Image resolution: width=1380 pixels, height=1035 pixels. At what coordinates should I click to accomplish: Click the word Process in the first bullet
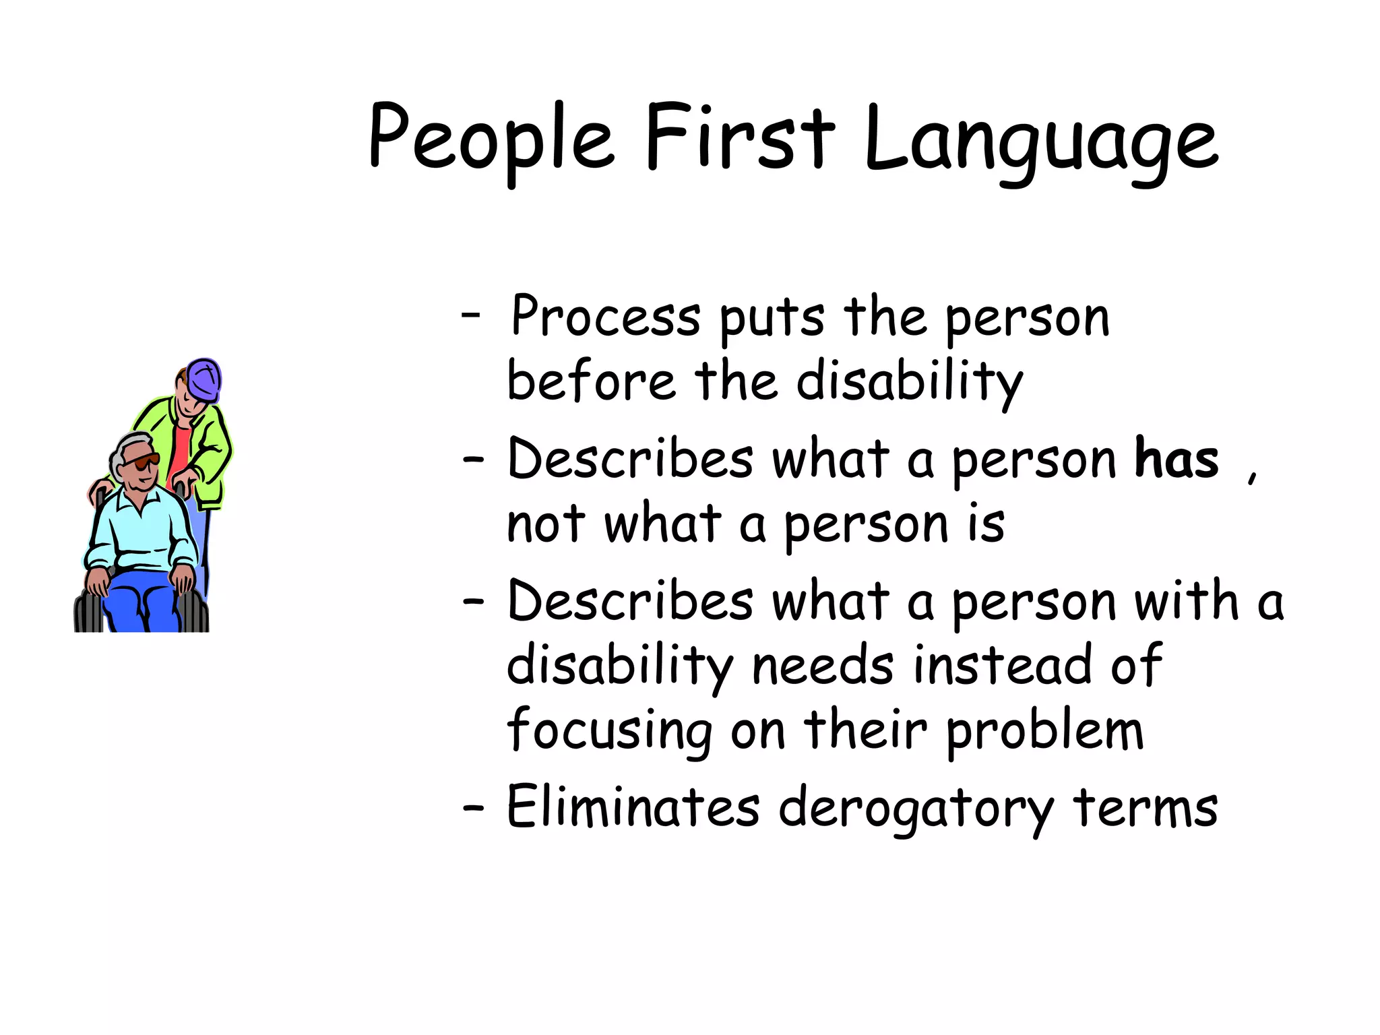(x=605, y=317)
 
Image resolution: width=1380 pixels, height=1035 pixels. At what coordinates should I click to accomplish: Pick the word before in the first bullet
(x=590, y=381)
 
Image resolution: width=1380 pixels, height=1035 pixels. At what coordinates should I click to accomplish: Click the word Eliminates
(x=633, y=807)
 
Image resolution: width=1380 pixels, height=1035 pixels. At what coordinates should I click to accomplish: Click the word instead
(x=1001, y=666)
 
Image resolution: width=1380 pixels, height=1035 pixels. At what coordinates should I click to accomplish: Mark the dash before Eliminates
(x=473, y=807)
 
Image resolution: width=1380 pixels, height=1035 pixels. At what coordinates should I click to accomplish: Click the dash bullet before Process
(x=471, y=314)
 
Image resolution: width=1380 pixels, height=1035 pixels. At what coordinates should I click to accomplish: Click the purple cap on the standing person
(x=204, y=379)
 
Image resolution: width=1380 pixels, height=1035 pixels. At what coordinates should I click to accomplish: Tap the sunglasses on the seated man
(x=144, y=462)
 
